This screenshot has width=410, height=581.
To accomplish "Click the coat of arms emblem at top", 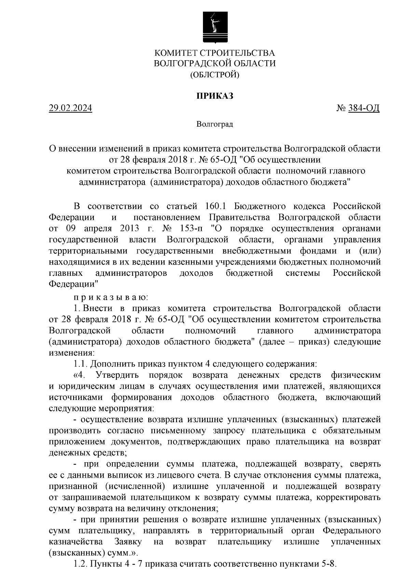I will pyautogui.click(x=215, y=27).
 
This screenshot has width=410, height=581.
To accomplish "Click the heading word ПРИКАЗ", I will pyautogui.click(x=215, y=96).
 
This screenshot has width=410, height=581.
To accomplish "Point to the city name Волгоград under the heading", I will pyautogui.click(x=215, y=124).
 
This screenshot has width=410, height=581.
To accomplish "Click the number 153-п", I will pyautogui.click(x=190, y=229).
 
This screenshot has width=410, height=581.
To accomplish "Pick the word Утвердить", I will pyautogui.click(x=118, y=375).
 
